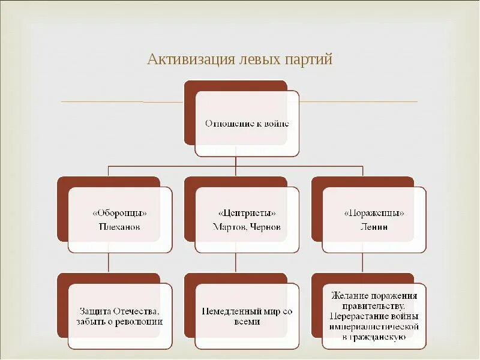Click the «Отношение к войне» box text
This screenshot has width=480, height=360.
tap(247, 124)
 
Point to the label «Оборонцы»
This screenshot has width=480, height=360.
tap(120, 214)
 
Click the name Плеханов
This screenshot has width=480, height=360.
tap(120, 227)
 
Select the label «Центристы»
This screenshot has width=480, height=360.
tap(247, 214)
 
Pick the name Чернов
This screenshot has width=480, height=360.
tap(266, 227)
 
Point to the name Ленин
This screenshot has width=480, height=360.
tap(374, 227)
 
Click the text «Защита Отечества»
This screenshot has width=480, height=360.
tap(120, 311)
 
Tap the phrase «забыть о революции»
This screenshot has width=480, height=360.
tap(120, 322)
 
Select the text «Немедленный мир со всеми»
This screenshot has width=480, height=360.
tap(247, 316)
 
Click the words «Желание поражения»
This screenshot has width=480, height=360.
tap(374, 296)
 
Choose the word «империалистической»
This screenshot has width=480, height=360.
tap(374, 327)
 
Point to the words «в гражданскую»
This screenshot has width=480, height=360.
tap(374, 338)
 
